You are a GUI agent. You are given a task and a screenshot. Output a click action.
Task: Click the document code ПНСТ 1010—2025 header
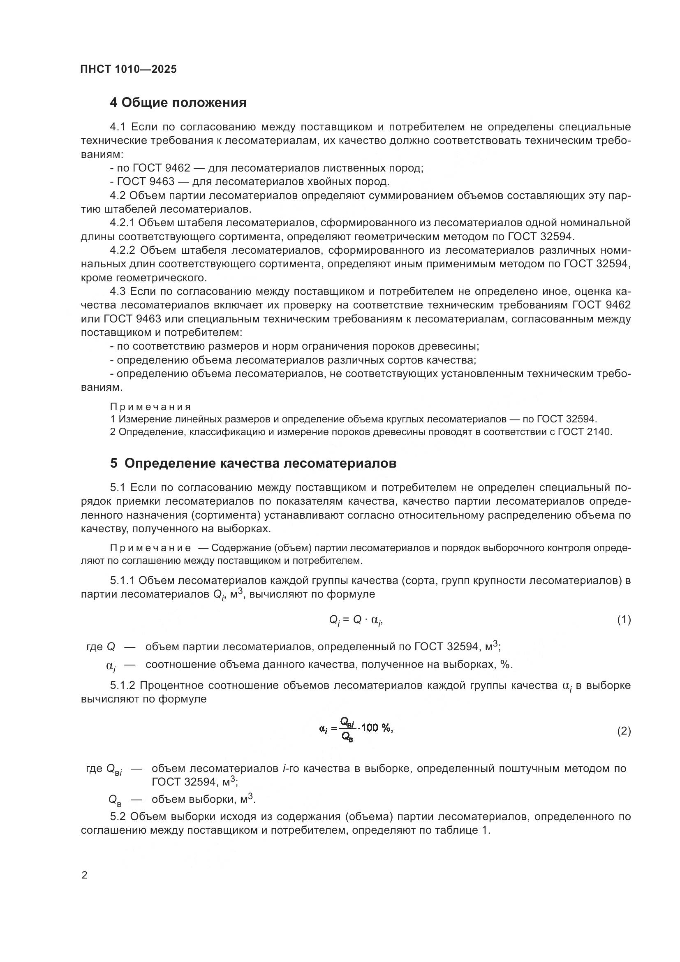(129, 70)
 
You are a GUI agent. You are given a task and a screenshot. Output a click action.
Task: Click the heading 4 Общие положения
(178, 103)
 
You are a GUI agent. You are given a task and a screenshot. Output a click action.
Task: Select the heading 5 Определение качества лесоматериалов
(253, 464)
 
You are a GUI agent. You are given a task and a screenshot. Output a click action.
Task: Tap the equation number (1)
(624, 620)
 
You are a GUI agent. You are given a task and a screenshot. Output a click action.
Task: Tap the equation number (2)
(624, 732)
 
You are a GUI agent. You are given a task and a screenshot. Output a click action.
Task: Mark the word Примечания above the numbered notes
(151, 407)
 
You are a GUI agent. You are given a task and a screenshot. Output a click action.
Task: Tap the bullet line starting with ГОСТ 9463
(250, 182)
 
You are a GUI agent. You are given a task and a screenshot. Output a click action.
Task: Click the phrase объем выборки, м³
(204, 800)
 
